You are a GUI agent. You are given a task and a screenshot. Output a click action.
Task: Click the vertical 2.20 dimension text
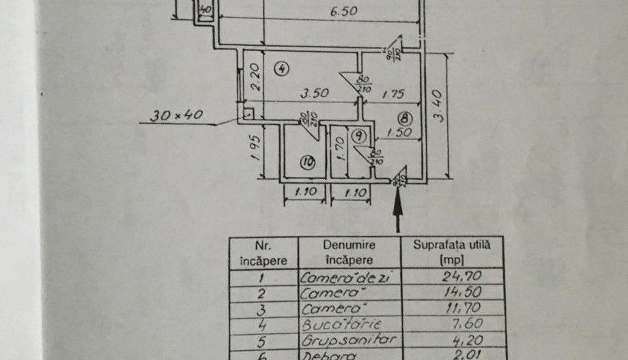tap(254, 77)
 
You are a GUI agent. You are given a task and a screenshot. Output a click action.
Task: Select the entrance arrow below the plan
tap(397, 208)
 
